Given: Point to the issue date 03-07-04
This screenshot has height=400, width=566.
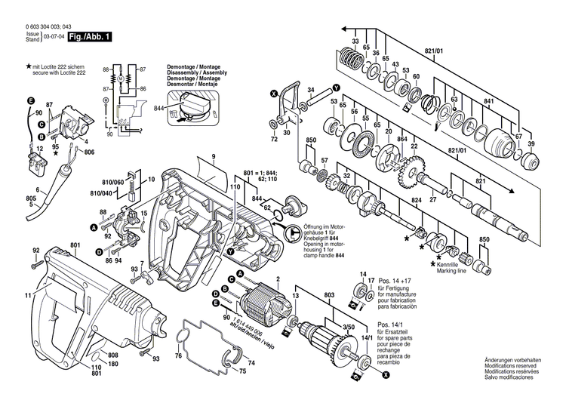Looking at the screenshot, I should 53,36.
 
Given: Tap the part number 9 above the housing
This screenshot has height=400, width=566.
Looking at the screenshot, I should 214,156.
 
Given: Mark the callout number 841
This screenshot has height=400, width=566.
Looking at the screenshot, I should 488,101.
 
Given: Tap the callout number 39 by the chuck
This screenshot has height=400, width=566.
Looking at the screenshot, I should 531,143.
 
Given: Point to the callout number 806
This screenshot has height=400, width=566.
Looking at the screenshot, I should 90,153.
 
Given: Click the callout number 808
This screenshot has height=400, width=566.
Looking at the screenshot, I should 112,355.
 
